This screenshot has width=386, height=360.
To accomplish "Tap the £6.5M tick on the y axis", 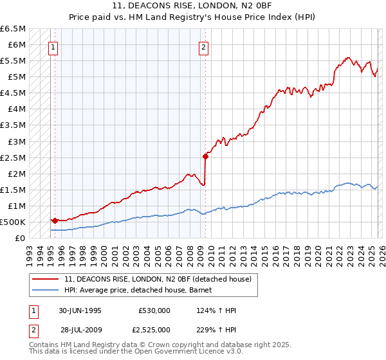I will click(x=13, y=29).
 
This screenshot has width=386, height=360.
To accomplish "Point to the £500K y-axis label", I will click(x=12, y=222).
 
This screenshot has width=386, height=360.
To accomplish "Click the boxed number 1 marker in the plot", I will click(x=53, y=46).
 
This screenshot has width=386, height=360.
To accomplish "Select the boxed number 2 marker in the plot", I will click(x=203, y=46).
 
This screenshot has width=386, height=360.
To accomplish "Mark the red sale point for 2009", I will click(x=205, y=156).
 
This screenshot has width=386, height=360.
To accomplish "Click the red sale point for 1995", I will click(x=55, y=221).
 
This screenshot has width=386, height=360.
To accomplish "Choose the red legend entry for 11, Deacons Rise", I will click(x=161, y=279).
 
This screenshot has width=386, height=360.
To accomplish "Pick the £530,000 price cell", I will click(x=154, y=310).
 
